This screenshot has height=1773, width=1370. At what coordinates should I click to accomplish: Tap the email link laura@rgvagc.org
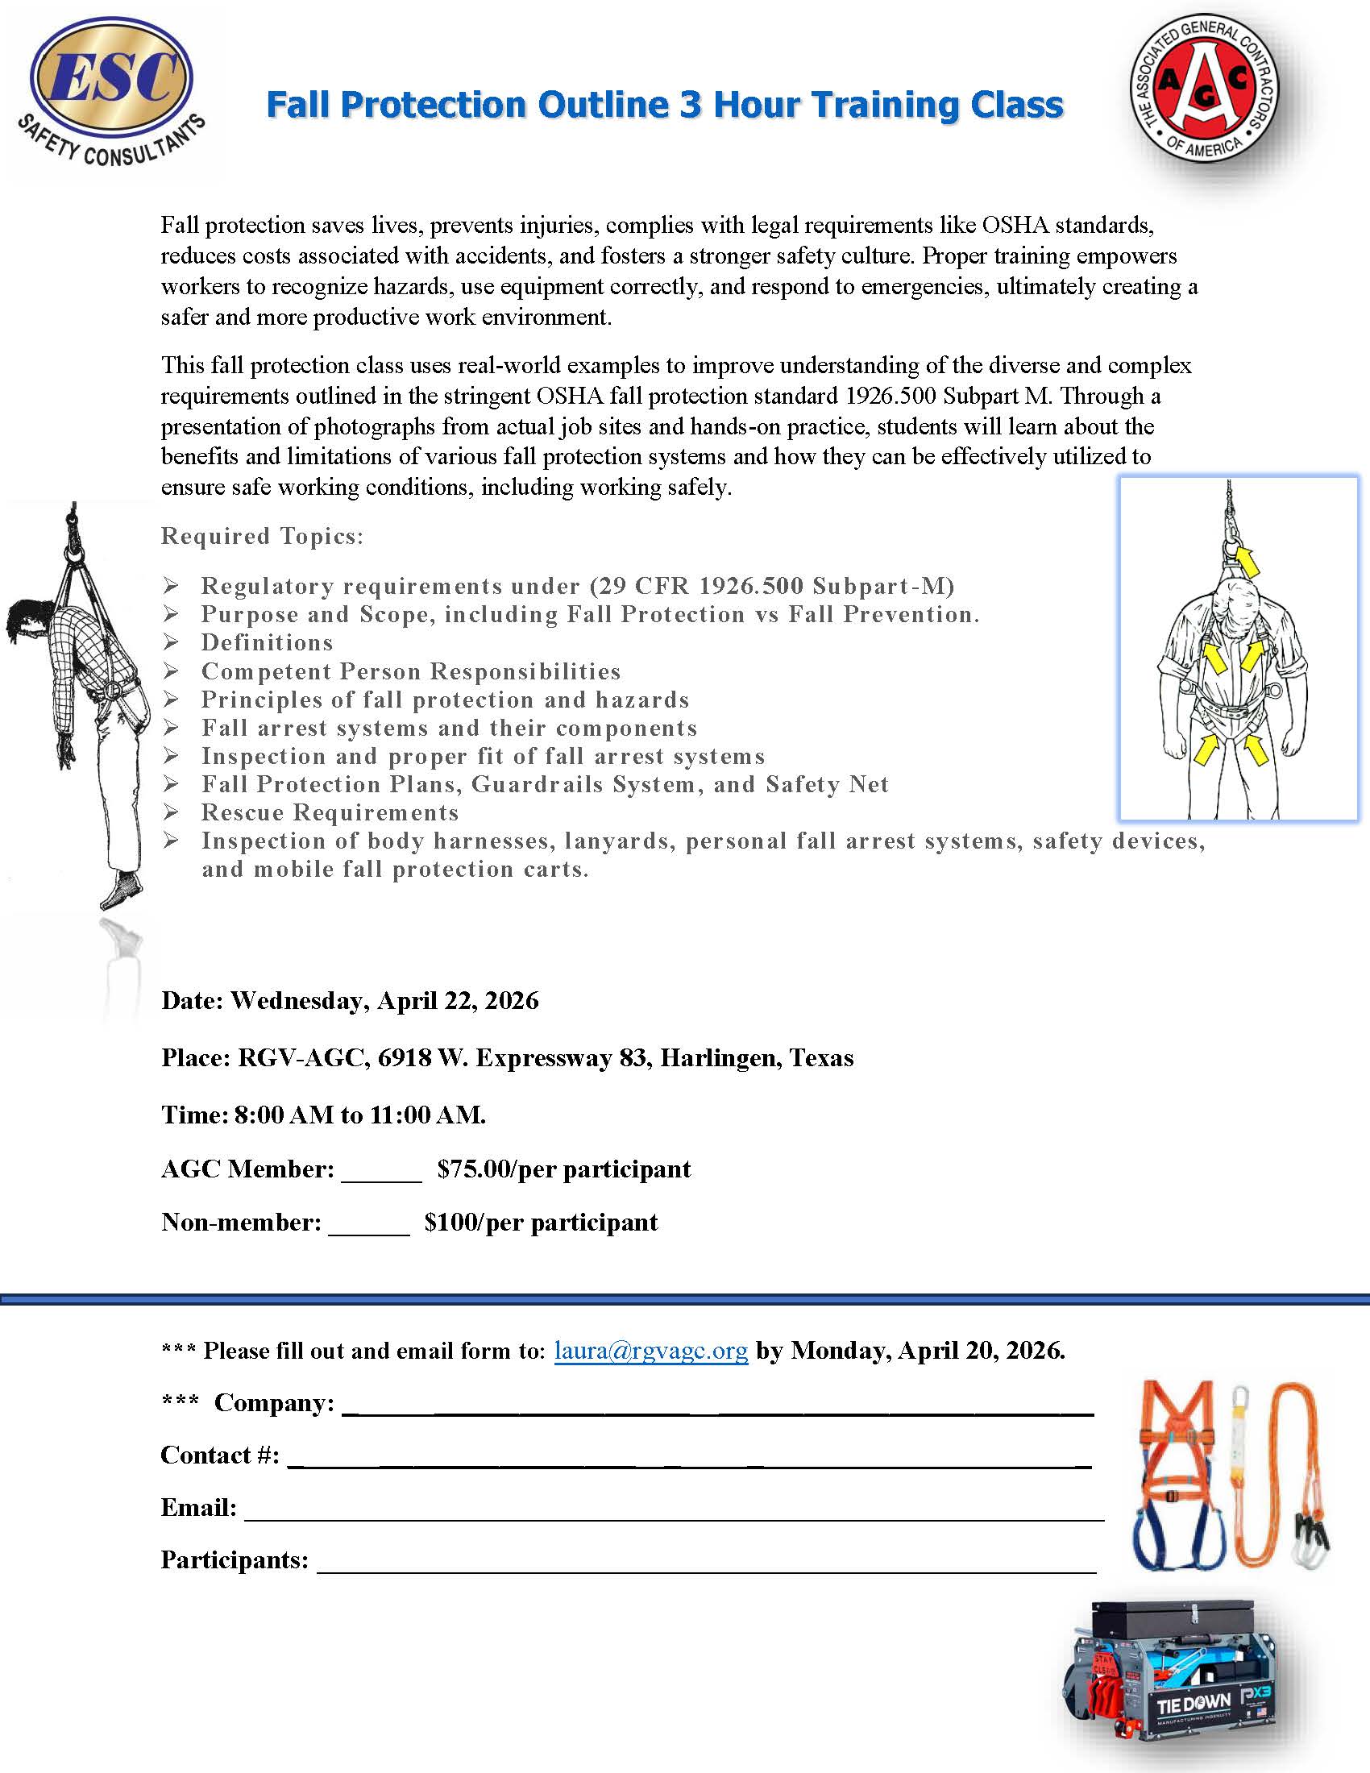click(651, 1350)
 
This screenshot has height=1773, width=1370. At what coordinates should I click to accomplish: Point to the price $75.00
click(474, 1169)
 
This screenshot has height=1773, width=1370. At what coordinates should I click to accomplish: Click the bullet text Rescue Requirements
click(330, 812)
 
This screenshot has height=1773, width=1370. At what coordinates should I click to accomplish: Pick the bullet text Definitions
click(267, 643)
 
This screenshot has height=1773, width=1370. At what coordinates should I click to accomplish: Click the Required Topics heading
click(262, 536)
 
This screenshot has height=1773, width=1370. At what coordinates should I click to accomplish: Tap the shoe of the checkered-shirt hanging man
click(119, 891)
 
